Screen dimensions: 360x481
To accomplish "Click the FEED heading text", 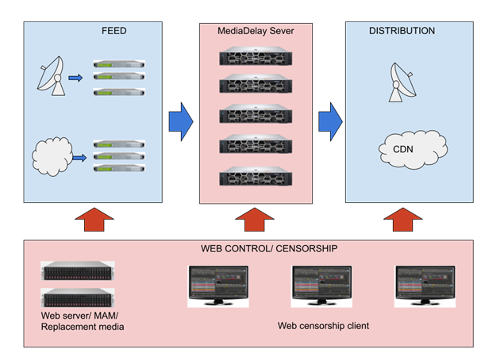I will pyautogui.click(x=114, y=32).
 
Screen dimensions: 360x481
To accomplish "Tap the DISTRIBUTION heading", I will pyautogui.click(x=402, y=32).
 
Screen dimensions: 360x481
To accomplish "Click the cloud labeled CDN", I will pyautogui.click(x=409, y=147).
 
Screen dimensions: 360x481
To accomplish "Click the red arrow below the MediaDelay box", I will pyautogui.click(x=256, y=220).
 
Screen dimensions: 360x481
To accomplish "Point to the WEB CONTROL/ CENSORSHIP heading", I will pyautogui.click(x=269, y=248).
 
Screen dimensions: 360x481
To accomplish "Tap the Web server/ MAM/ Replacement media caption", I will pyautogui.click(x=83, y=321).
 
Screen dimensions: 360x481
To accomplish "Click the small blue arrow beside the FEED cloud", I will pyautogui.click(x=79, y=159).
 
